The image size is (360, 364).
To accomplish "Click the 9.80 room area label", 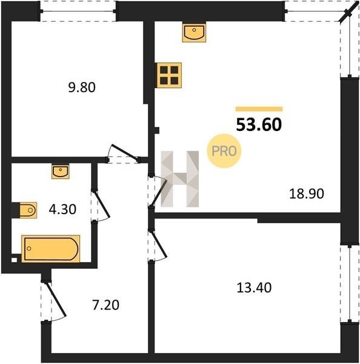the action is click(82, 88).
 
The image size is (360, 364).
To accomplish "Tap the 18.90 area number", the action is click(307, 194).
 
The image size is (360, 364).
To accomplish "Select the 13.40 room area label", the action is click(254, 288).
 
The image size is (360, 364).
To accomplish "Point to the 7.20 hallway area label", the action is click(106, 305).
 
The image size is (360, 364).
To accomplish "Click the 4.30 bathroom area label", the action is click(62, 209).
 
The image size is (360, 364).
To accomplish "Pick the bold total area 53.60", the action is click(259, 124).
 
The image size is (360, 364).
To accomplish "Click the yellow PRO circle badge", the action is click(224, 151).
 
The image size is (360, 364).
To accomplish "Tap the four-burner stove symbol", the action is click(169, 75).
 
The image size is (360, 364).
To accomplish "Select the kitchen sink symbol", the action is click(194, 32).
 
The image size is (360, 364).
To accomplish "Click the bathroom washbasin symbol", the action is click(61, 172).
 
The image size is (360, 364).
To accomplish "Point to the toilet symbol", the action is click(24, 210).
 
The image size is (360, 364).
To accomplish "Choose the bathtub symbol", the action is click(50, 249).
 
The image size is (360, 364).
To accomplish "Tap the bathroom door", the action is click(102, 205).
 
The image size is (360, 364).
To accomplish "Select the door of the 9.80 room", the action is click(123, 153).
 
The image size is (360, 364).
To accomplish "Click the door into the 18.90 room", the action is click(158, 190).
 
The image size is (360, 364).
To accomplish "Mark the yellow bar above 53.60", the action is click(259, 109).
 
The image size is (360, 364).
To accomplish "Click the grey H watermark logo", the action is click(180, 179).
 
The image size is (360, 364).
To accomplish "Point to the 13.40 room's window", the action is click(350, 284).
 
